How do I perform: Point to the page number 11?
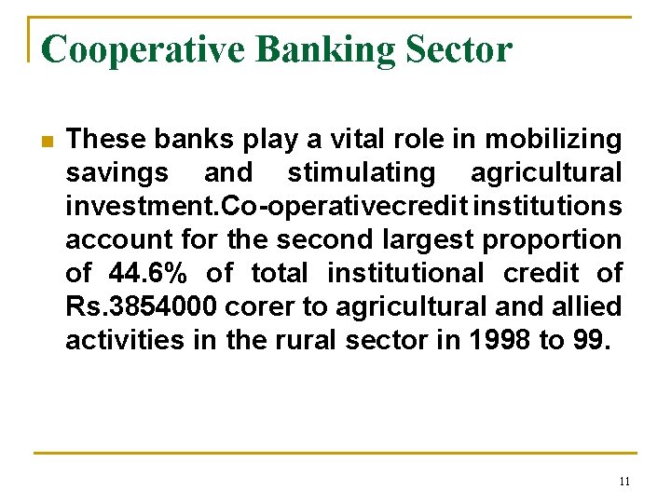click(x=623, y=481)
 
